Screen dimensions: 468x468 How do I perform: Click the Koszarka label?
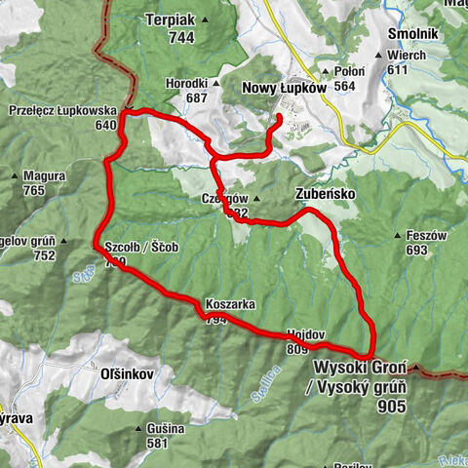pyautogui.click(x=230, y=304)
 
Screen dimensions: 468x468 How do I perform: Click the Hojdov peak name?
pyautogui.click(x=304, y=332)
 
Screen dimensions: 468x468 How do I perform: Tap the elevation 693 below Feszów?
pyautogui.click(x=417, y=251)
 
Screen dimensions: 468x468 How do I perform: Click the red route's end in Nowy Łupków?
pyautogui.click(x=280, y=118)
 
